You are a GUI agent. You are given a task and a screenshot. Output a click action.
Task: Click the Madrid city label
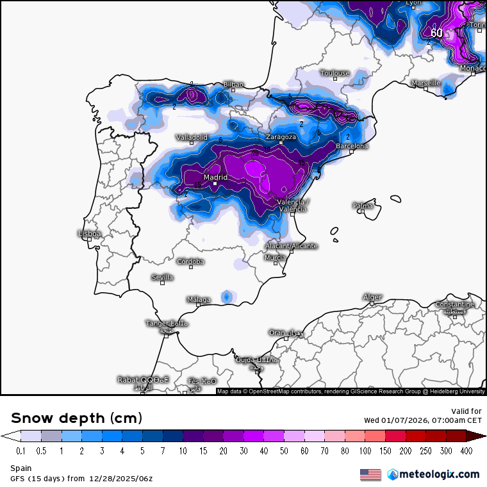tap(216, 177)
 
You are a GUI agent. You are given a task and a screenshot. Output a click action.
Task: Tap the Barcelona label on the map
tap(352, 146)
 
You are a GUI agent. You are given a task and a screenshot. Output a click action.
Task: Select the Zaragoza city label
tap(281, 137)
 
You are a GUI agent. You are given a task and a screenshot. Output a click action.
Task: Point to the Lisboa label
tap(89, 234)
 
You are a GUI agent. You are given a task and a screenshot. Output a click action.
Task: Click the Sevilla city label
tap(162, 277)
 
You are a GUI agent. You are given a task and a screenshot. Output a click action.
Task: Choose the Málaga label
tap(199, 299)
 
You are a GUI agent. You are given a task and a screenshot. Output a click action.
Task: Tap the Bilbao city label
tap(233, 84)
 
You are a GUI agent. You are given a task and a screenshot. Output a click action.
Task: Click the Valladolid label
tap(192, 137)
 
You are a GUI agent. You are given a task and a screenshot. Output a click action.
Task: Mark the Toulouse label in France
tap(335, 73)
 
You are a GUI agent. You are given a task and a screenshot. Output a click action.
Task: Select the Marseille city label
tap(425, 83)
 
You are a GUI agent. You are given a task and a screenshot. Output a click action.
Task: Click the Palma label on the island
tap(363, 206)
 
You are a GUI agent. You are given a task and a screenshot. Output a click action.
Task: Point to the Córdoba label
tap(191, 261)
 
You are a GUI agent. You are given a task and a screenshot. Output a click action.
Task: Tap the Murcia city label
tap(275, 258)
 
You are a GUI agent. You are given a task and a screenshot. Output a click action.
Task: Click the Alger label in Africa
tap(372, 297)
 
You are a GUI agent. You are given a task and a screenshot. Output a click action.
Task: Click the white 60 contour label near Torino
tap(436, 33)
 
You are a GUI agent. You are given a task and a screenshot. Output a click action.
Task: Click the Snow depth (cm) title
tap(76, 418)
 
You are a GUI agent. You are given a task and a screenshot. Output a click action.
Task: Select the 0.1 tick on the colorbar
tap(21, 450)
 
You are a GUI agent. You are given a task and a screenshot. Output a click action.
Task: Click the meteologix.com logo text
tap(439, 474)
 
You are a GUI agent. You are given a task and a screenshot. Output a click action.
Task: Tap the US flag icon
tap(370, 474)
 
